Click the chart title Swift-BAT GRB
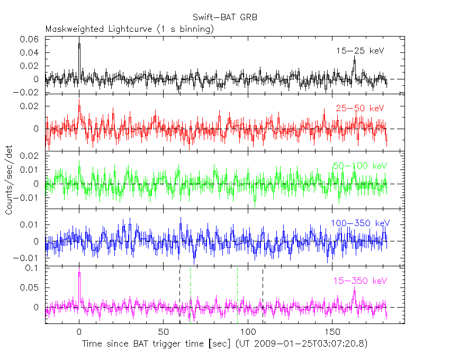pos(225,17)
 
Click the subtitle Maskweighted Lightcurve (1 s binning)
pos(130,29)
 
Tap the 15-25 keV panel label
pos(359,51)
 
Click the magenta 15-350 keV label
pos(359,280)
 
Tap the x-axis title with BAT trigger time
pos(224,344)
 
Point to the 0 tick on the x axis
pos(79,332)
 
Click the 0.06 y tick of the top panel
pos(30,40)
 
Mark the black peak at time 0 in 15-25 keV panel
pos(79,44)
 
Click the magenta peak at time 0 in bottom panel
pos(79,273)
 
